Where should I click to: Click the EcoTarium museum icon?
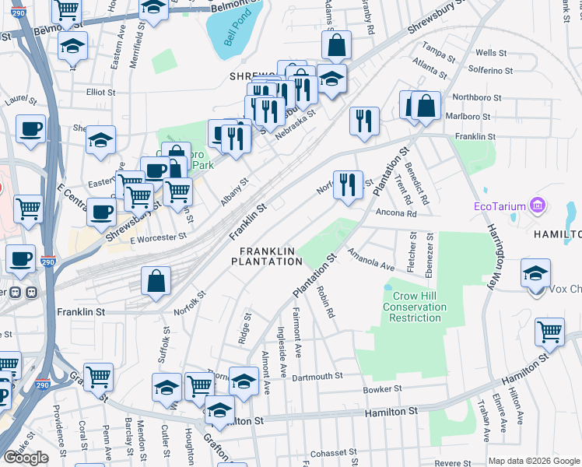(x=535, y=206)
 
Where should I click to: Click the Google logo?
(x=26, y=458)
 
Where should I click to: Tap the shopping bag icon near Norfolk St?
(x=156, y=283)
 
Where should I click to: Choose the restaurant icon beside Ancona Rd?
(x=349, y=186)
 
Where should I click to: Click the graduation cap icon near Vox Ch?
(x=536, y=275)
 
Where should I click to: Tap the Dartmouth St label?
(x=317, y=376)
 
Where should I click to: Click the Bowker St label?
(x=381, y=388)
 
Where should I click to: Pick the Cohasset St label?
(x=332, y=452)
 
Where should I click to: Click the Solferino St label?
(x=496, y=69)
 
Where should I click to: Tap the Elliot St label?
(x=101, y=92)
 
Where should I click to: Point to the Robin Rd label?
(x=325, y=302)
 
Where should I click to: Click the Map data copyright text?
(x=535, y=460)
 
